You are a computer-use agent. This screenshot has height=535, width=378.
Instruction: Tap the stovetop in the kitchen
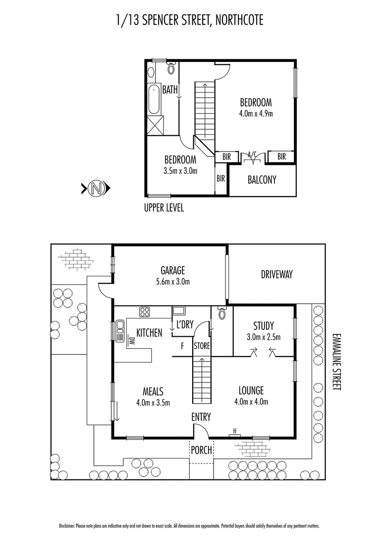click(145, 312)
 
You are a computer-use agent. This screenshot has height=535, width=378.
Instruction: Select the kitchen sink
click(119, 331)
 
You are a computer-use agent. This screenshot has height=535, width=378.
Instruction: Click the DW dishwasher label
click(131, 340)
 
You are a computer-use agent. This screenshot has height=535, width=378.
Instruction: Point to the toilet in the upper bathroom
click(171, 68)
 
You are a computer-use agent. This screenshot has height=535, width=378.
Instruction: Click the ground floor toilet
click(221, 313)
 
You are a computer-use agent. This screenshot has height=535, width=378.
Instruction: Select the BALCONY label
click(262, 180)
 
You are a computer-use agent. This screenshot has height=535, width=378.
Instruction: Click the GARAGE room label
click(172, 270)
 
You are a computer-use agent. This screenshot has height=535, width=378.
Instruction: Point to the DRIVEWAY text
click(277, 274)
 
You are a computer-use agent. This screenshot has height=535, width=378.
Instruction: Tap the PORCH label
click(201, 450)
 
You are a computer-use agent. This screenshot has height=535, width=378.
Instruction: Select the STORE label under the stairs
click(202, 345)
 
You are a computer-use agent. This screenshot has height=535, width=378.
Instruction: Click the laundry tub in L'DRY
click(178, 311)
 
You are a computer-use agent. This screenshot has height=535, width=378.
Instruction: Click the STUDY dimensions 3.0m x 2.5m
click(264, 337)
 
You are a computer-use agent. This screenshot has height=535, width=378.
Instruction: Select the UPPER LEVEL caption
click(163, 208)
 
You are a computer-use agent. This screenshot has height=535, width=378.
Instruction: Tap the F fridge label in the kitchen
click(182, 346)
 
